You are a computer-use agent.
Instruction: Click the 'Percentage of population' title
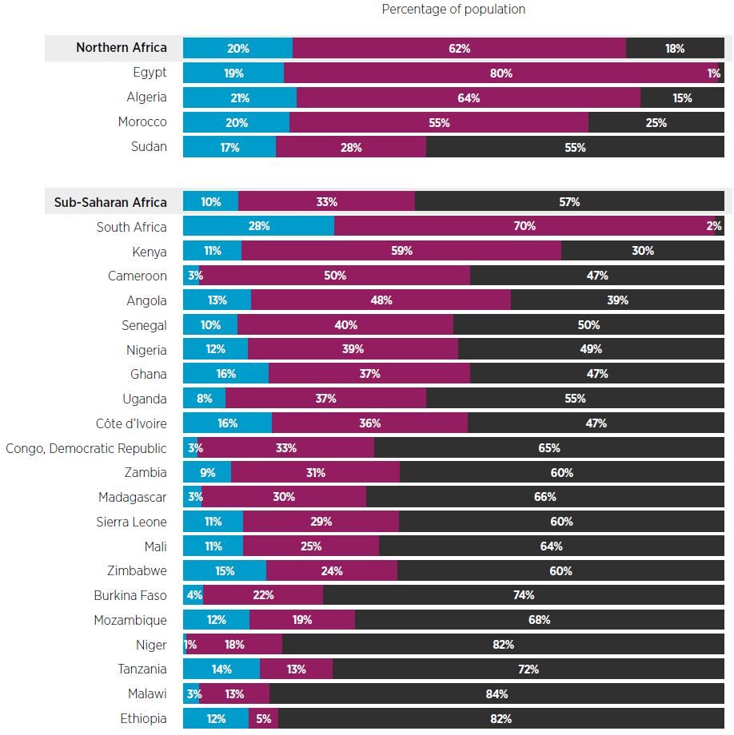coord(453,10)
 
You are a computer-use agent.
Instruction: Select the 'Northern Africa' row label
coord(121,48)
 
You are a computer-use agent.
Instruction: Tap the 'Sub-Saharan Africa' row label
coord(110,202)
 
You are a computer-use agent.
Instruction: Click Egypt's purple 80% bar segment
coord(501,73)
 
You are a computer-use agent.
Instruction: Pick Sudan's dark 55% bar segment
coord(575,147)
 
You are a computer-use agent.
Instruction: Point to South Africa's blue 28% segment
coord(258,226)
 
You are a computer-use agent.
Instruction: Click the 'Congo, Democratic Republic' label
coord(86,449)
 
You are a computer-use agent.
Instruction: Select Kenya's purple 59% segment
coord(401,251)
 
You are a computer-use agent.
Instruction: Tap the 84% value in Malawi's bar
coord(497,693)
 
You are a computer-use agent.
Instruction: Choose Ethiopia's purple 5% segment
coord(263,718)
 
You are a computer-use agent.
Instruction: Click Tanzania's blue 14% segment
coord(221,669)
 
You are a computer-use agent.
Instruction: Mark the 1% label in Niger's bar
coord(190,645)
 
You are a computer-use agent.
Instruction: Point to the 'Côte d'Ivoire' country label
coord(131,423)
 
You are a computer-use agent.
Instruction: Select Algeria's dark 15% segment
coord(682,98)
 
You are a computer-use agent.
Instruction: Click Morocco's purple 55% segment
coord(439,123)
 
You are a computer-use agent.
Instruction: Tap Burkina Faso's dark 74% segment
coord(524,595)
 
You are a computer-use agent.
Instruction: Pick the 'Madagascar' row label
coord(132,498)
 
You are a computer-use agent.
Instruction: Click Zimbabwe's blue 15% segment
coord(225,570)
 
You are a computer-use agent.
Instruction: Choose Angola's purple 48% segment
coord(381,300)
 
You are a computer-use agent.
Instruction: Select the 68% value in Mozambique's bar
coord(540,620)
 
